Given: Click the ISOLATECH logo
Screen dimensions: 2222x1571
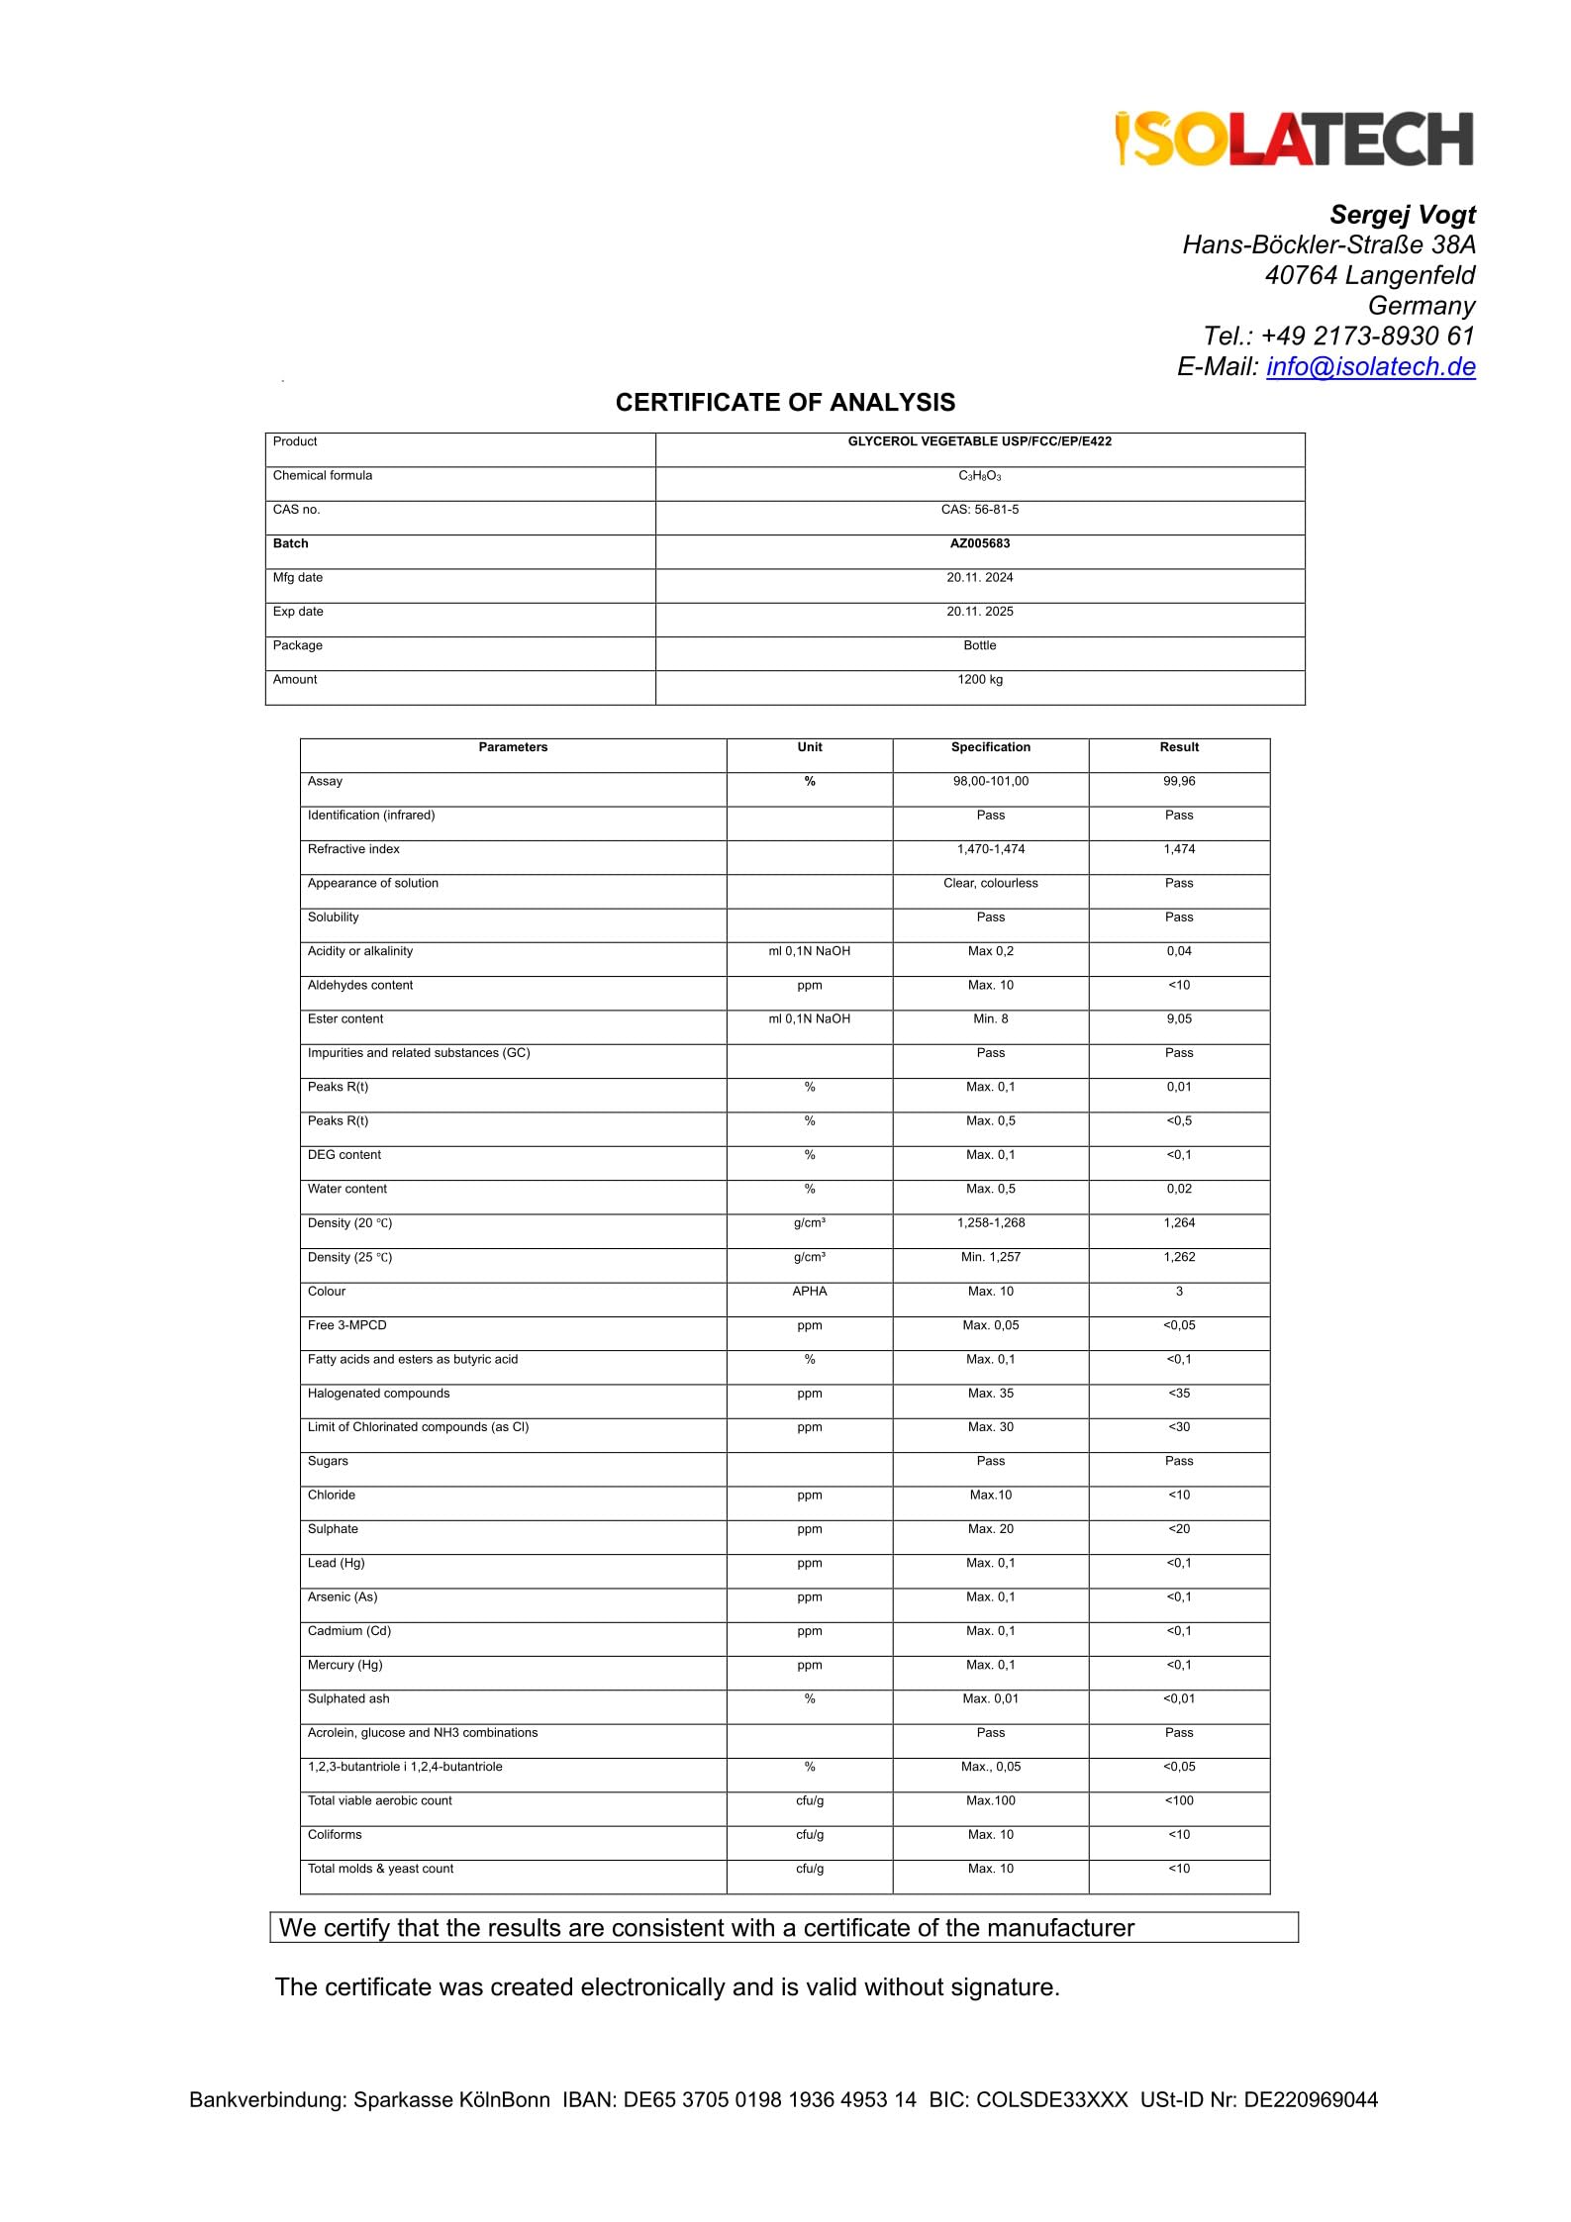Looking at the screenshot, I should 1294,139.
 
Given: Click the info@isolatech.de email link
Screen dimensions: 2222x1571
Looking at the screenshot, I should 1370,366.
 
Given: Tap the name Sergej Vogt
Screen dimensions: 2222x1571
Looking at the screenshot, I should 1402,215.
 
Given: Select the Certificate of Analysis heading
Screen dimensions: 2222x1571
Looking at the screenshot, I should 785,403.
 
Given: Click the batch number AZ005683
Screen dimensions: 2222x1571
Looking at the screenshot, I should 979,543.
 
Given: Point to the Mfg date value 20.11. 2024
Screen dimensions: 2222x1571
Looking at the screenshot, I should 979,577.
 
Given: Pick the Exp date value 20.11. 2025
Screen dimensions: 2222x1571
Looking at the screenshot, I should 979,612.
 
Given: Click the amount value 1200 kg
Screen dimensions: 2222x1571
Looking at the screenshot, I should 979,680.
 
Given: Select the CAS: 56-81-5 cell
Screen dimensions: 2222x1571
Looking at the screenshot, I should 979,510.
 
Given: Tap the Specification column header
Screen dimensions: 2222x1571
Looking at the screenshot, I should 990,747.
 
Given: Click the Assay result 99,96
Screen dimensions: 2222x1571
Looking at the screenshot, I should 1178,782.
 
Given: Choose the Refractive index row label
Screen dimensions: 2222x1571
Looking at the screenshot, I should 353,849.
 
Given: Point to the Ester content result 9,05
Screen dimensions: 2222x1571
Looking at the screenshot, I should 1178,1019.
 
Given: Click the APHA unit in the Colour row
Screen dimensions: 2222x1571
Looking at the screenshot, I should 809,1292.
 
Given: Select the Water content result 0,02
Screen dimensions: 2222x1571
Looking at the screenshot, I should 1178,1190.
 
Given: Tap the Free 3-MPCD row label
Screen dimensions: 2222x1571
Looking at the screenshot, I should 346,1325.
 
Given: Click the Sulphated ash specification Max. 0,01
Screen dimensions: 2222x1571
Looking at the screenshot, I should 990,1699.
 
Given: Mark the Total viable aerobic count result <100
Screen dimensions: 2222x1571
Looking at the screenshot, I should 1178,1801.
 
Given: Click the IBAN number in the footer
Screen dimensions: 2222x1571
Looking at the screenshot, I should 769,2100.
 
